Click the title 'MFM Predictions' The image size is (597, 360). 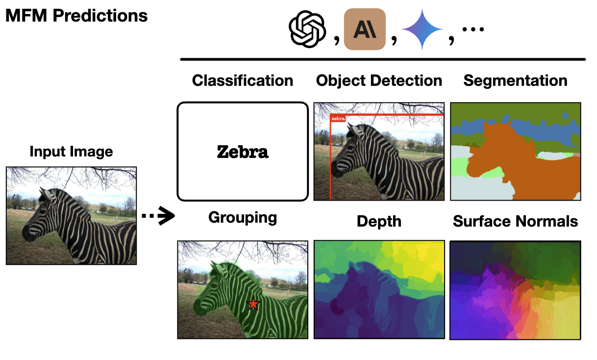coord(76,16)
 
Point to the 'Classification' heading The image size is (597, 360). coord(243,80)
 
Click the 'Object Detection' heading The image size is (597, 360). coord(379,80)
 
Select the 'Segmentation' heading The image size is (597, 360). coord(515,80)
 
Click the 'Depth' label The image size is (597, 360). coord(379,221)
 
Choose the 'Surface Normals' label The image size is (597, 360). coord(515,221)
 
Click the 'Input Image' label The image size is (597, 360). coord(71,152)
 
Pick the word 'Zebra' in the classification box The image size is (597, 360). coord(243,152)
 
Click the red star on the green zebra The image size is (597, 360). coord(253,304)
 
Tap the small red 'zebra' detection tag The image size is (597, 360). coord(338,119)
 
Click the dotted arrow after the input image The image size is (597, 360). coord(158,216)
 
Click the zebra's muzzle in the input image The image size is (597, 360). coord(25,234)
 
